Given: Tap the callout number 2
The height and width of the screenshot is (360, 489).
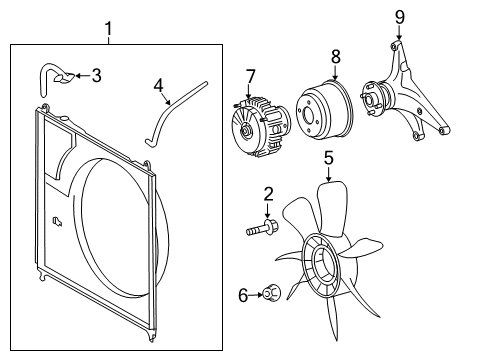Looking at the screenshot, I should click(x=268, y=193).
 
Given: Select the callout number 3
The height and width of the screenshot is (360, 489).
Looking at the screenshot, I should click(x=96, y=74).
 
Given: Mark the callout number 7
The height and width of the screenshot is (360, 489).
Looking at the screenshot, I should click(x=251, y=75).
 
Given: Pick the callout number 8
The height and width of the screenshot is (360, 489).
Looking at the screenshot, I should click(x=335, y=57).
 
